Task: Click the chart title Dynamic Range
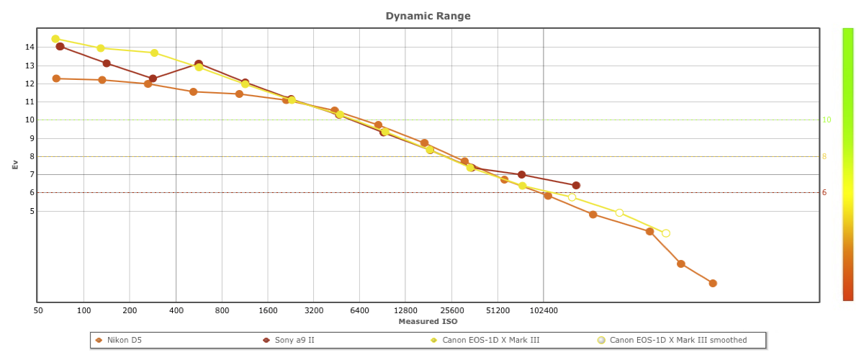click(428, 16)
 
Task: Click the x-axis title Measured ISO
click(428, 321)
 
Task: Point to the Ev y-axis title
click(15, 165)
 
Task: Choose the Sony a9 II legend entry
click(294, 340)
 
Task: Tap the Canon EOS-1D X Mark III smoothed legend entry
click(678, 340)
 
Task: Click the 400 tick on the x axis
click(176, 310)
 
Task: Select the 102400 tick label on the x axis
click(543, 310)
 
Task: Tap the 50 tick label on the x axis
click(38, 310)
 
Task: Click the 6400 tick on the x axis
click(359, 310)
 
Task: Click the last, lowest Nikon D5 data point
click(713, 283)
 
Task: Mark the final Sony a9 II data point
click(576, 186)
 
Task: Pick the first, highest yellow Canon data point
click(55, 39)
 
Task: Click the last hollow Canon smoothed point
click(666, 233)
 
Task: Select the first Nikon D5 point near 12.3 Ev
click(56, 78)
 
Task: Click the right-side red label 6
click(824, 192)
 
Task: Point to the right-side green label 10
click(827, 120)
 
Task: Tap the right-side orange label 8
click(824, 156)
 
